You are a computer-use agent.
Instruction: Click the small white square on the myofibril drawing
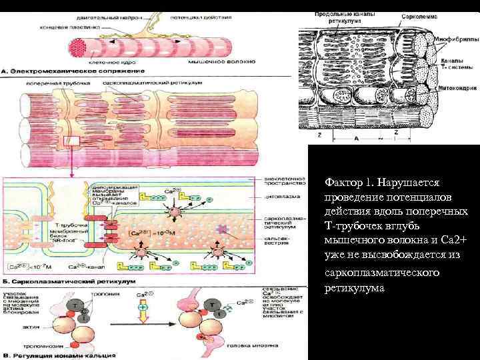pyautogui.click(x=71, y=142)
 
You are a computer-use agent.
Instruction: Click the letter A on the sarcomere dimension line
pyautogui.click(x=356, y=139)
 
